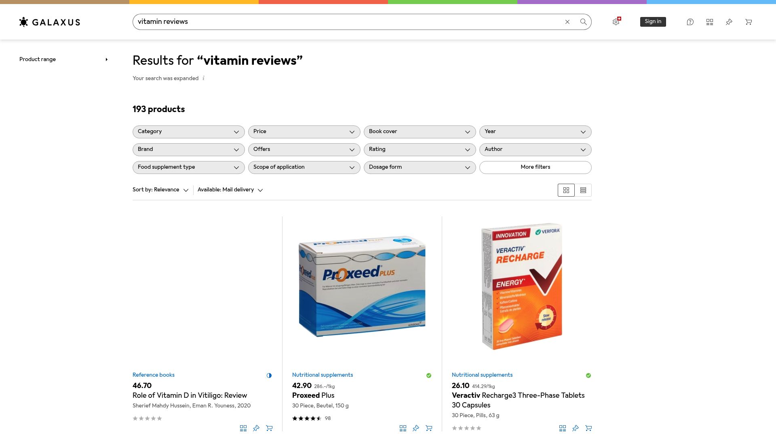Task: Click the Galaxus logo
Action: [50, 22]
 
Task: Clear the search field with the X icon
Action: [567, 22]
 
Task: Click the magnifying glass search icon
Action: [583, 22]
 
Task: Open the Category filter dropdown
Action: [188, 132]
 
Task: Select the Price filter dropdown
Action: [304, 132]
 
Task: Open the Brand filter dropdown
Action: [188, 150]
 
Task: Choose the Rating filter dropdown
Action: [420, 150]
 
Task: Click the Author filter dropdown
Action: [535, 150]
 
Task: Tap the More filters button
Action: [535, 168]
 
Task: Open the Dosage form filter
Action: [420, 168]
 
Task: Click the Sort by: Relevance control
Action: [160, 190]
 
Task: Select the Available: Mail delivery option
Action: [230, 190]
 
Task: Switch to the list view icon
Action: [583, 190]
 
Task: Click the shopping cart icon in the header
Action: [749, 22]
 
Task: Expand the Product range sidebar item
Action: [64, 59]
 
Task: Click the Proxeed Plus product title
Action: [313, 396]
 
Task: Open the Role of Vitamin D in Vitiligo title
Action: [190, 396]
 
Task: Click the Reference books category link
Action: [154, 375]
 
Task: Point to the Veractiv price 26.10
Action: [460, 386]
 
